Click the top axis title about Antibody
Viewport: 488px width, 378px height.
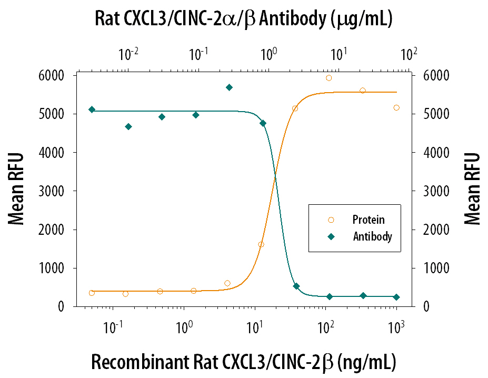pyautogui.click(x=244, y=19)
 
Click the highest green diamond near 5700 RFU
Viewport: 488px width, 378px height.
pyautogui.click(x=229, y=87)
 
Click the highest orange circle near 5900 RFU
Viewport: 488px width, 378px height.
pyautogui.click(x=329, y=78)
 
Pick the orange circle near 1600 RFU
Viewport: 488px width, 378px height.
pyautogui.click(x=261, y=244)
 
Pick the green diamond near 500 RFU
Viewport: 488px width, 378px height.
pyautogui.click(x=296, y=286)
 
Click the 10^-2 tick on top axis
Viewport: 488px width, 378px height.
pyautogui.click(x=128, y=54)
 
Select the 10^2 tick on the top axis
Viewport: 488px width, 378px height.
pyautogui.click(x=409, y=54)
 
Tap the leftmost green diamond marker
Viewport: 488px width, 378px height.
pyautogui.click(x=92, y=110)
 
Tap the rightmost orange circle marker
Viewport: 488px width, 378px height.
pyautogui.click(x=396, y=108)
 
